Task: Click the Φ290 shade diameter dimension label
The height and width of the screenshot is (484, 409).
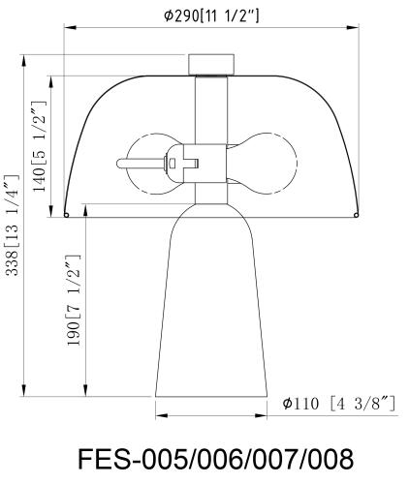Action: [x=211, y=15]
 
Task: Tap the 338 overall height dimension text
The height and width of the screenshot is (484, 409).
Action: [x=14, y=225]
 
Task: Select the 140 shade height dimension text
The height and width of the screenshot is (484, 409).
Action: [x=40, y=146]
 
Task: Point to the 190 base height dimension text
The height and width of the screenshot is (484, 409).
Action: [x=73, y=300]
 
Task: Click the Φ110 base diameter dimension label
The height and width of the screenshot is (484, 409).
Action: [x=339, y=404]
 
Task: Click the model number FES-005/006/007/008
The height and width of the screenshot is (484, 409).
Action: [x=216, y=459]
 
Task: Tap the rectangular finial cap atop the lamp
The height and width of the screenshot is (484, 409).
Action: [x=211, y=65]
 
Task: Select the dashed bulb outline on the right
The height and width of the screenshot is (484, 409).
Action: [x=263, y=164]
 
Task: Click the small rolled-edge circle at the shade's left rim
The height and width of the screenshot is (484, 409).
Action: [x=66, y=215]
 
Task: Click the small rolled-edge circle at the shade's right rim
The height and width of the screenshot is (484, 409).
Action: [x=356, y=215]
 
